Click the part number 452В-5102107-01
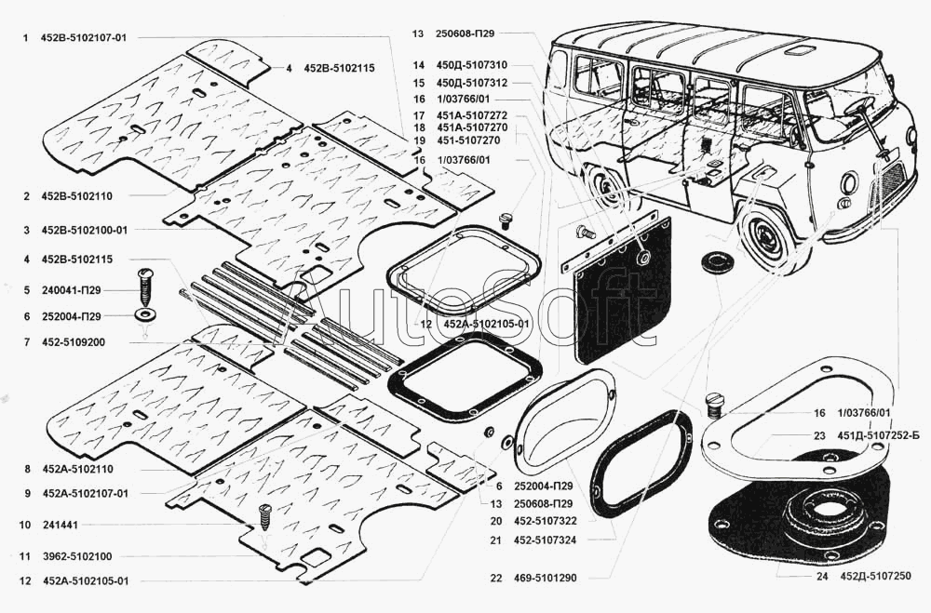84,38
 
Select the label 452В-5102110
77,196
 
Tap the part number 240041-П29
72,290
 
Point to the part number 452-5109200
74,342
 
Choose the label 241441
60,525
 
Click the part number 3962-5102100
77,556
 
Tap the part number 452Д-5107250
876,576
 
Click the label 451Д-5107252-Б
878,435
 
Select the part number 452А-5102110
78,469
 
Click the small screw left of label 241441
264,516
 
